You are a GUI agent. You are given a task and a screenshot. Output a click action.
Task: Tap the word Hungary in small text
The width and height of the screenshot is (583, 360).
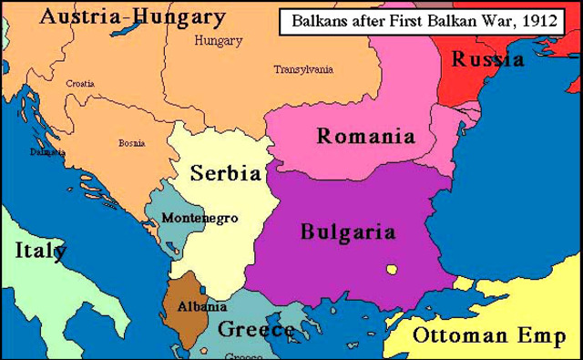click(x=218, y=41)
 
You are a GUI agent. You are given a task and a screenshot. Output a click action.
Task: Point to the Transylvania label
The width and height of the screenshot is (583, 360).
click(x=303, y=69)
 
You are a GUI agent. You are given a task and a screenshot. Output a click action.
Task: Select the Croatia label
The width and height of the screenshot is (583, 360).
click(x=79, y=83)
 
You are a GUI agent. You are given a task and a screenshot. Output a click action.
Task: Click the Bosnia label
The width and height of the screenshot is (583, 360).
click(x=131, y=143)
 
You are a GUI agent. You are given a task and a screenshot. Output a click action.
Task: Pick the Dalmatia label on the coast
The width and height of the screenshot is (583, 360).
click(x=46, y=151)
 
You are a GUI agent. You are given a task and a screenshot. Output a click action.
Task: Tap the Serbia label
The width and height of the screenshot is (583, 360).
click(x=225, y=172)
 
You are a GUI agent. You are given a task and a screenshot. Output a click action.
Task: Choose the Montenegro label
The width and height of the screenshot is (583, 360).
click(x=199, y=218)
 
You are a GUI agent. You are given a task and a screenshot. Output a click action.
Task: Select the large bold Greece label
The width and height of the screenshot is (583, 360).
click(x=256, y=328)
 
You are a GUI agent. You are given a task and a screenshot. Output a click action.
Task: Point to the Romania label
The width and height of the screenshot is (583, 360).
click(x=365, y=137)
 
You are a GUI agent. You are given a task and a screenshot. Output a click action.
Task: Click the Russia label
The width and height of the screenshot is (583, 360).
click(x=488, y=59)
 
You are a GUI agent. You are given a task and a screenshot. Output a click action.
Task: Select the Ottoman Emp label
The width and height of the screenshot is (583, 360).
click(x=483, y=334)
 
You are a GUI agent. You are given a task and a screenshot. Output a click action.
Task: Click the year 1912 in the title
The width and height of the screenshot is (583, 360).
click(x=537, y=19)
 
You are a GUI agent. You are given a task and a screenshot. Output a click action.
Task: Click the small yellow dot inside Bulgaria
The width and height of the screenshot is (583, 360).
click(x=392, y=269)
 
